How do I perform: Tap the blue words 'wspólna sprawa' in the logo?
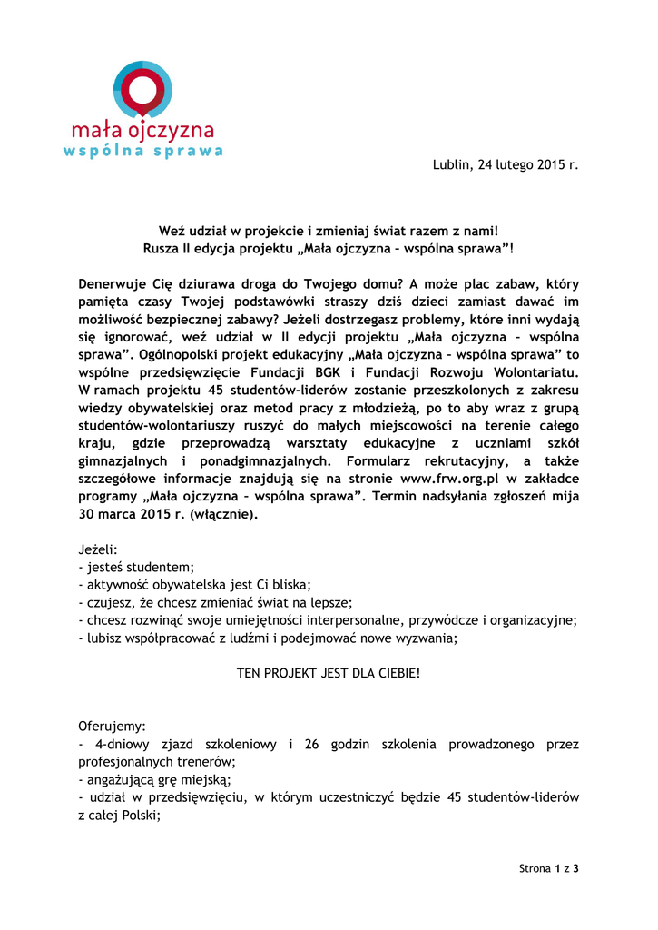point(143,151)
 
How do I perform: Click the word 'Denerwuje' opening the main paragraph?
point(112,283)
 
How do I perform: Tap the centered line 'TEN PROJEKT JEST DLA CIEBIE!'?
point(329,675)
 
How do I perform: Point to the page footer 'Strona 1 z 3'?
point(548,868)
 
